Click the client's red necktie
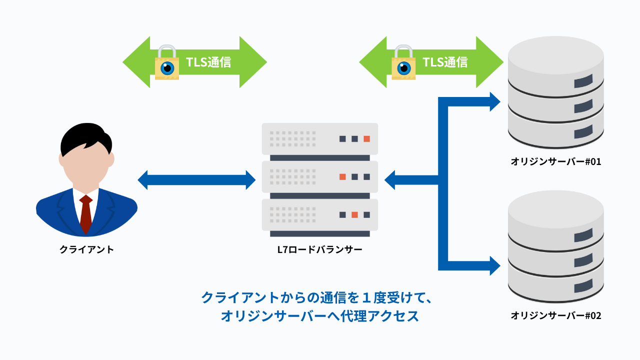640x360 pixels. [86, 213]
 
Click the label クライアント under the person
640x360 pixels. [86, 249]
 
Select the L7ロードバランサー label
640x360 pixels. [320, 249]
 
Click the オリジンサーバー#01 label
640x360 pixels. [555, 161]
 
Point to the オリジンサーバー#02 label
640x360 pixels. [555, 315]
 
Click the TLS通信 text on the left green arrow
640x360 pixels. [208, 62]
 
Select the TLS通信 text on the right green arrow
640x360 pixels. [445, 62]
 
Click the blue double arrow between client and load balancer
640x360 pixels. [196, 180]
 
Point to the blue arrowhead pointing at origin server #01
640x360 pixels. [494, 102]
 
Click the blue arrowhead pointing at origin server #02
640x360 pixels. [494, 265]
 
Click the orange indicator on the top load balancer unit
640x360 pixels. [366, 138]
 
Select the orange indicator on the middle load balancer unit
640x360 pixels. [342, 176]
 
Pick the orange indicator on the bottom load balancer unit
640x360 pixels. [354, 214]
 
